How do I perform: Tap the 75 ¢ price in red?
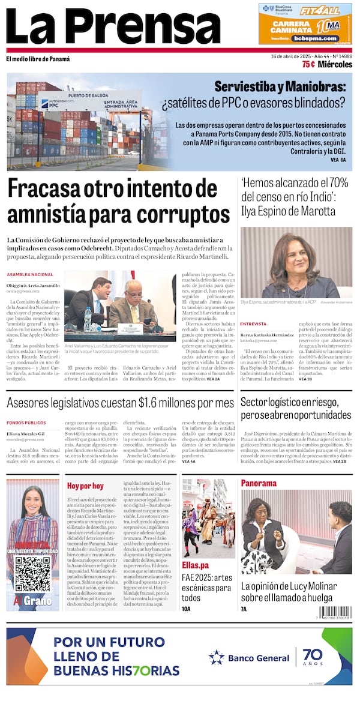click(308, 64)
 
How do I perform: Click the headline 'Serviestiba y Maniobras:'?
click(280, 87)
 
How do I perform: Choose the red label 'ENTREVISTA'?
click(253, 323)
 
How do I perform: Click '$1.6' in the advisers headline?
click(159, 403)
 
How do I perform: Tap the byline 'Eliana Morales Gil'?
click(26, 433)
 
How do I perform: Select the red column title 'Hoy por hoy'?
click(85, 486)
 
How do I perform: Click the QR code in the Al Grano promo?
click(32, 574)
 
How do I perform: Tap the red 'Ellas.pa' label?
click(196, 565)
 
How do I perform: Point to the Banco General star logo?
click(216, 657)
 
